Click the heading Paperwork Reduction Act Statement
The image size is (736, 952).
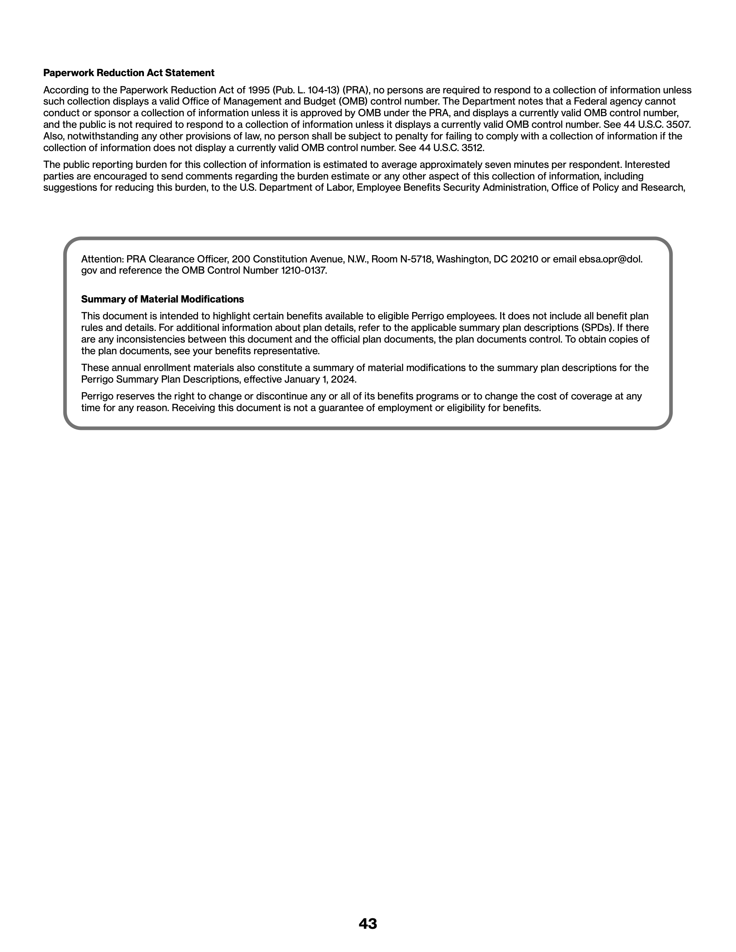129,73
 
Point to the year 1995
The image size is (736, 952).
259,90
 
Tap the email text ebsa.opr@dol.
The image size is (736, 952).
611,259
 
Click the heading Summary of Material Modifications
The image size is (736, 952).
162,299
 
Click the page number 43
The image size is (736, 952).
368,923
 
